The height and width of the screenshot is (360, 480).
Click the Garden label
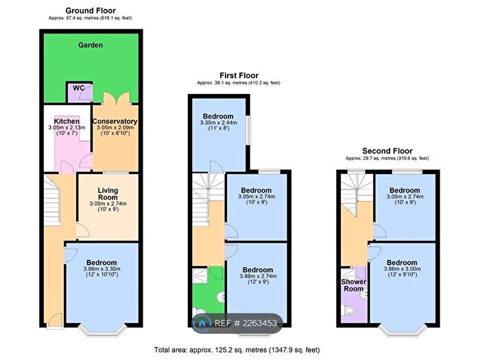(91, 45)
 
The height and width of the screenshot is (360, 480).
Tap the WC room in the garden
(80, 92)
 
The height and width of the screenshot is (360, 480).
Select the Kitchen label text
(67, 121)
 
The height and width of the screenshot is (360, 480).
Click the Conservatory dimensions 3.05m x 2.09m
(115, 128)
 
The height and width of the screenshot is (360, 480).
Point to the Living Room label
(108, 194)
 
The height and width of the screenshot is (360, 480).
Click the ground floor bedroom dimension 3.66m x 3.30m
(102, 269)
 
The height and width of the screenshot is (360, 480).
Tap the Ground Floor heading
(91, 10)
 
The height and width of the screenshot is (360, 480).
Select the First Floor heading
(239, 75)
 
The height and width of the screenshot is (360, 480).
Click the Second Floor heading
(387, 151)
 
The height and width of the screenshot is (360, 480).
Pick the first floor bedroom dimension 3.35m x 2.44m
(219, 123)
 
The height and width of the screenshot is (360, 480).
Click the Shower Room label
(354, 285)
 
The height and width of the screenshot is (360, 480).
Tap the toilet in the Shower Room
(348, 311)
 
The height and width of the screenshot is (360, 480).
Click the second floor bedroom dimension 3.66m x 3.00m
(403, 269)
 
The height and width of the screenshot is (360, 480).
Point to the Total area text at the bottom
(237, 350)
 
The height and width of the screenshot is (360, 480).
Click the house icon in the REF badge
(202, 323)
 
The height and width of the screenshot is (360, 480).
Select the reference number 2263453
(260, 323)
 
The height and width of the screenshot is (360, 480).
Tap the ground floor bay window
(103, 329)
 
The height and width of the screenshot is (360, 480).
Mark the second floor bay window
(403, 329)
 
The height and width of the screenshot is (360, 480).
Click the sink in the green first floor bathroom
(220, 297)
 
